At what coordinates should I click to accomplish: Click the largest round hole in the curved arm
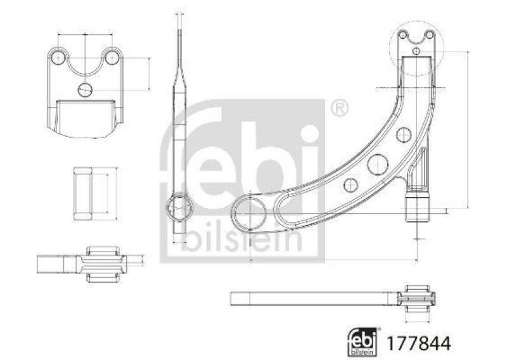378,164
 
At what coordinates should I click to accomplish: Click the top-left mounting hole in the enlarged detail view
59,58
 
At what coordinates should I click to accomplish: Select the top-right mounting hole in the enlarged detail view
112,58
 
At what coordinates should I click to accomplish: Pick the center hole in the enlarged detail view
85,89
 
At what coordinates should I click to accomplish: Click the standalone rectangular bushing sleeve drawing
85,193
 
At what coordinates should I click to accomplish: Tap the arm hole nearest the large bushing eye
349,185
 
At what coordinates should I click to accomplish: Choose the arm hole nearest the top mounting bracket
402,134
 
